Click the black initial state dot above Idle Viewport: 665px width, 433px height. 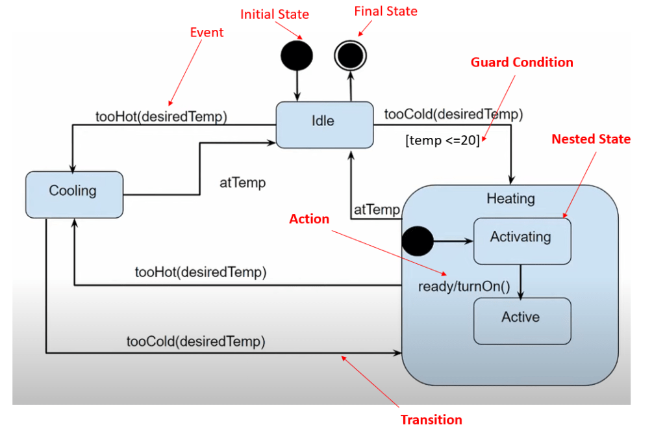coord(297,56)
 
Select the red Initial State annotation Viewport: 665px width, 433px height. coord(275,14)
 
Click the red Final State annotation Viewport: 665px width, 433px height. coord(386,11)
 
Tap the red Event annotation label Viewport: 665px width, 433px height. coord(207,33)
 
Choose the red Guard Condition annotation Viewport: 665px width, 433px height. coord(522,62)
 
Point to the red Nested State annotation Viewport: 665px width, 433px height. coord(591,139)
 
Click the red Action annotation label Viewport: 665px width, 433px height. coord(309,219)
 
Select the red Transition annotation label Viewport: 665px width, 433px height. coord(431,419)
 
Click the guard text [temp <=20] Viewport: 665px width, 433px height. coord(442,140)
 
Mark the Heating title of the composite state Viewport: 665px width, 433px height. coord(510,198)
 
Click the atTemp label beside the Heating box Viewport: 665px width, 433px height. coord(377,209)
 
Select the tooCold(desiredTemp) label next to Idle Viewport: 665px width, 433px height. coord(453,115)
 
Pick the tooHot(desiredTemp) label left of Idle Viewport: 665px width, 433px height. coord(161,117)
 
